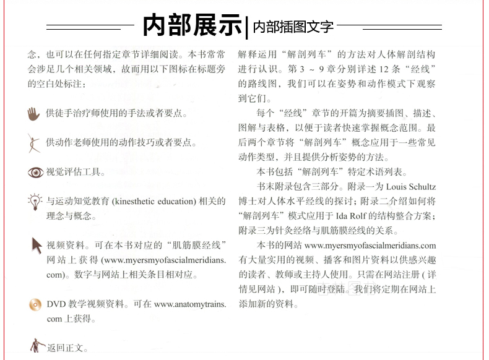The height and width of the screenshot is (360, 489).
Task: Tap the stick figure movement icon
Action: [35, 142]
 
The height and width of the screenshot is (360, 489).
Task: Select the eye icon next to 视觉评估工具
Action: [35, 172]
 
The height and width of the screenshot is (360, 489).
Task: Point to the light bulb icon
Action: [35, 201]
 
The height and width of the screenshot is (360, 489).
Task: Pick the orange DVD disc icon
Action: [35, 304]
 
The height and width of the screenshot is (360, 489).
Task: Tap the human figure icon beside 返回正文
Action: [36, 345]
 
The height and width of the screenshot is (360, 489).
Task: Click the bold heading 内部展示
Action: [193, 26]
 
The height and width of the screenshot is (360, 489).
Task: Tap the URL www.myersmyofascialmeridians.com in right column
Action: [370, 246]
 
